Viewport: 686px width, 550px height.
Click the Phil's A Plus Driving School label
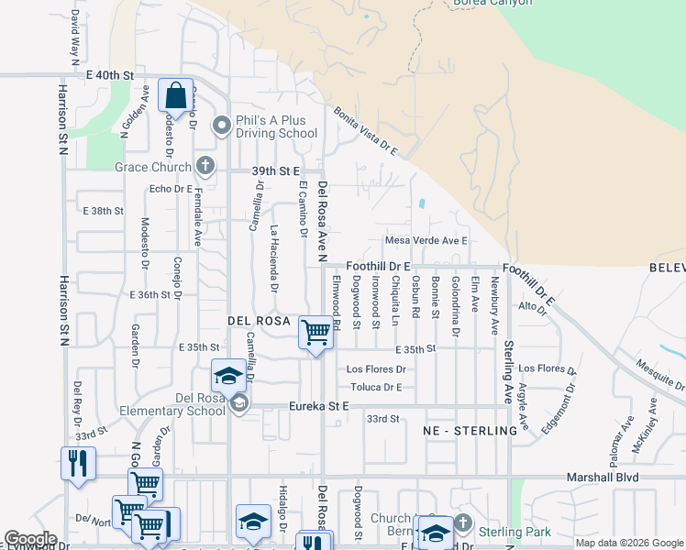tap(271, 126)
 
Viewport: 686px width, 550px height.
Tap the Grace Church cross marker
tap(205, 166)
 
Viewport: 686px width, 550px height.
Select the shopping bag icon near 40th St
tap(175, 96)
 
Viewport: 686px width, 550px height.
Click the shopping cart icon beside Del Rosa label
tap(315, 331)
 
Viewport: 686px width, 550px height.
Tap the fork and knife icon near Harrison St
tap(79, 464)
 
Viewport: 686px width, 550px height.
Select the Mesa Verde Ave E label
tap(426, 240)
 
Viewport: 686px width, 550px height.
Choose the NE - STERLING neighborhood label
tap(470, 431)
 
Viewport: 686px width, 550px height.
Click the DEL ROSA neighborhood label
tap(259, 322)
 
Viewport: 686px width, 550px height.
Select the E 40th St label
tap(110, 73)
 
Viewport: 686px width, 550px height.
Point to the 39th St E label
tap(276, 170)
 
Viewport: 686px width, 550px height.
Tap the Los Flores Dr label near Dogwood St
tap(375, 369)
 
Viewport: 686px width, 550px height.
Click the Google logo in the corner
tap(30, 539)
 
